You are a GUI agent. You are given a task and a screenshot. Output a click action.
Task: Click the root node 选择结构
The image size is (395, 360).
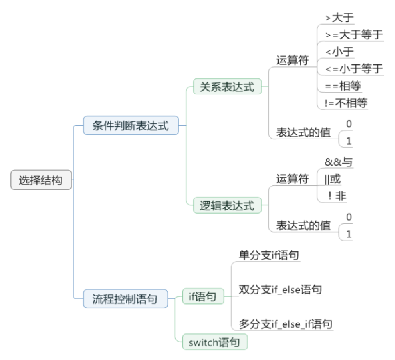(x=41, y=180)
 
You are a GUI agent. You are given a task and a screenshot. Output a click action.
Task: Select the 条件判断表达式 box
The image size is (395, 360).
(x=131, y=126)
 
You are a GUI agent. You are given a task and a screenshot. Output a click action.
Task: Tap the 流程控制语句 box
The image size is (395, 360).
(x=125, y=299)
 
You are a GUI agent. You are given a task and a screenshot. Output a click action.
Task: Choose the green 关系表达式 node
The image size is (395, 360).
(x=227, y=87)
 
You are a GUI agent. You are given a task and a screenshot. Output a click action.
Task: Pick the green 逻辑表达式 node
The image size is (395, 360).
(x=227, y=205)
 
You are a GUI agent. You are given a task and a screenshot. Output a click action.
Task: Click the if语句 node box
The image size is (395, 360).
(x=203, y=296)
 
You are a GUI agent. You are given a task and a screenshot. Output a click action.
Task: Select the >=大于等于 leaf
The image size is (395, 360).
(x=354, y=35)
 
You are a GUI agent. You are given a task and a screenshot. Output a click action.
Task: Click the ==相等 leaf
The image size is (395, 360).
(x=343, y=86)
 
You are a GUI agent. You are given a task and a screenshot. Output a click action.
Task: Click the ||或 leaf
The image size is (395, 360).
(x=333, y=179)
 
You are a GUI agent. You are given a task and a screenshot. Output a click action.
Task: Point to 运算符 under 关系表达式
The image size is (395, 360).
(x=293, y=60)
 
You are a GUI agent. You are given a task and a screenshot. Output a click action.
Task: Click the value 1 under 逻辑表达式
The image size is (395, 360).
(x=349, y=235)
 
